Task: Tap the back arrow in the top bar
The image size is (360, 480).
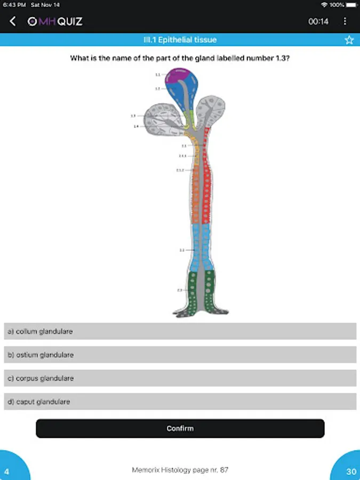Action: click(13, 21)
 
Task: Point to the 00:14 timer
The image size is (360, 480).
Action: click(318, 22)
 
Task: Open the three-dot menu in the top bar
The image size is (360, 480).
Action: click(345, 21)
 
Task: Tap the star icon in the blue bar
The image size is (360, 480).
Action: click(349, 40)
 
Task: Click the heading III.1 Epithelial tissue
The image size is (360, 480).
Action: click(180, 40)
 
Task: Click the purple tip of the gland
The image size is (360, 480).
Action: click(178, 76)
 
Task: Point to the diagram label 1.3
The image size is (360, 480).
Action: click(133, 115)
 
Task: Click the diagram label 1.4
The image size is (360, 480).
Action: click(136, 126)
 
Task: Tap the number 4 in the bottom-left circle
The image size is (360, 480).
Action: click(7, 471)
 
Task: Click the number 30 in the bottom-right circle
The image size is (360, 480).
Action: click(351, 471)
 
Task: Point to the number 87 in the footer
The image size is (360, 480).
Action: click(224, 470)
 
